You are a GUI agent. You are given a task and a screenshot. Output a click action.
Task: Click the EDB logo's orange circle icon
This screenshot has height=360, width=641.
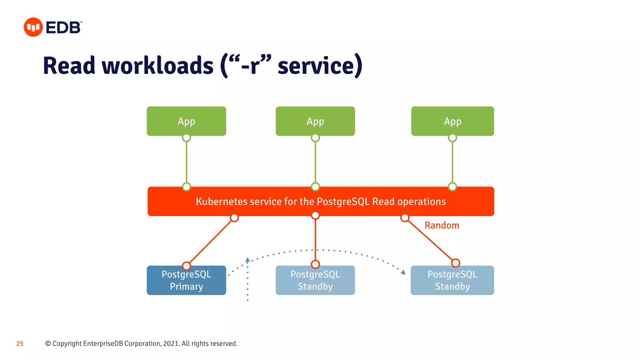pos(33,27)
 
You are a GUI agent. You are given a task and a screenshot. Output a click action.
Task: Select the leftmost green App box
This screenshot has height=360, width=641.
pos(186,121)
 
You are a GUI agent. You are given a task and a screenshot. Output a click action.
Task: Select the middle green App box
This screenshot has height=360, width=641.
pos(315,121)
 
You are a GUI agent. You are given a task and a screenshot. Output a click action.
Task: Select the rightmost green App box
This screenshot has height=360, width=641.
pos(452,121)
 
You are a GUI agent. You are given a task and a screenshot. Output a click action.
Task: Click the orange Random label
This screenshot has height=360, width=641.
pos(442,225)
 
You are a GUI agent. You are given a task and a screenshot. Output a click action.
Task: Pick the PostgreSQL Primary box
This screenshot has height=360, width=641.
pos(186,280)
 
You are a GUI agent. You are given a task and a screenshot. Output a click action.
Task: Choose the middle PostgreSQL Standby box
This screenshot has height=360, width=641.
pos(315,280)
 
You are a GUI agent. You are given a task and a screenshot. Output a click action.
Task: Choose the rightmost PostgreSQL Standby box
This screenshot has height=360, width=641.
pos(452,280)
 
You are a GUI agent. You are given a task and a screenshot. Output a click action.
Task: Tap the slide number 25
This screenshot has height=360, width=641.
pos(20,344)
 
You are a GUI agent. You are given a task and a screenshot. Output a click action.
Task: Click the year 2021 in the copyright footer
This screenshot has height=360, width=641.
pos(171,343)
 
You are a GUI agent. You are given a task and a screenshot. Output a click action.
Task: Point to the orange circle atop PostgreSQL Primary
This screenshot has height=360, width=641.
pos(186,266)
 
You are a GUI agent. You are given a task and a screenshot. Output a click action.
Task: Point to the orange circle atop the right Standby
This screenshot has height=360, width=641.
pos(455,263)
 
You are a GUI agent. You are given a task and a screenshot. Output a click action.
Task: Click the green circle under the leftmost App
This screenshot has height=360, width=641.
pos(186,137)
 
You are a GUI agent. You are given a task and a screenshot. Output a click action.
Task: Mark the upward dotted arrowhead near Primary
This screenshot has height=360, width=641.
pos(247,260)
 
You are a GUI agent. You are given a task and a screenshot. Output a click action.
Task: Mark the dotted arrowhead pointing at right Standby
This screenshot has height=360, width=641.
pos(403,272)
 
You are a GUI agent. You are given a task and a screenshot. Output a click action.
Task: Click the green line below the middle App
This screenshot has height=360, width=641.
pos(315,162)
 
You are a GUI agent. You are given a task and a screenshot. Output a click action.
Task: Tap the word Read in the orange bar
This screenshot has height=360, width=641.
pos(383,202)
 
